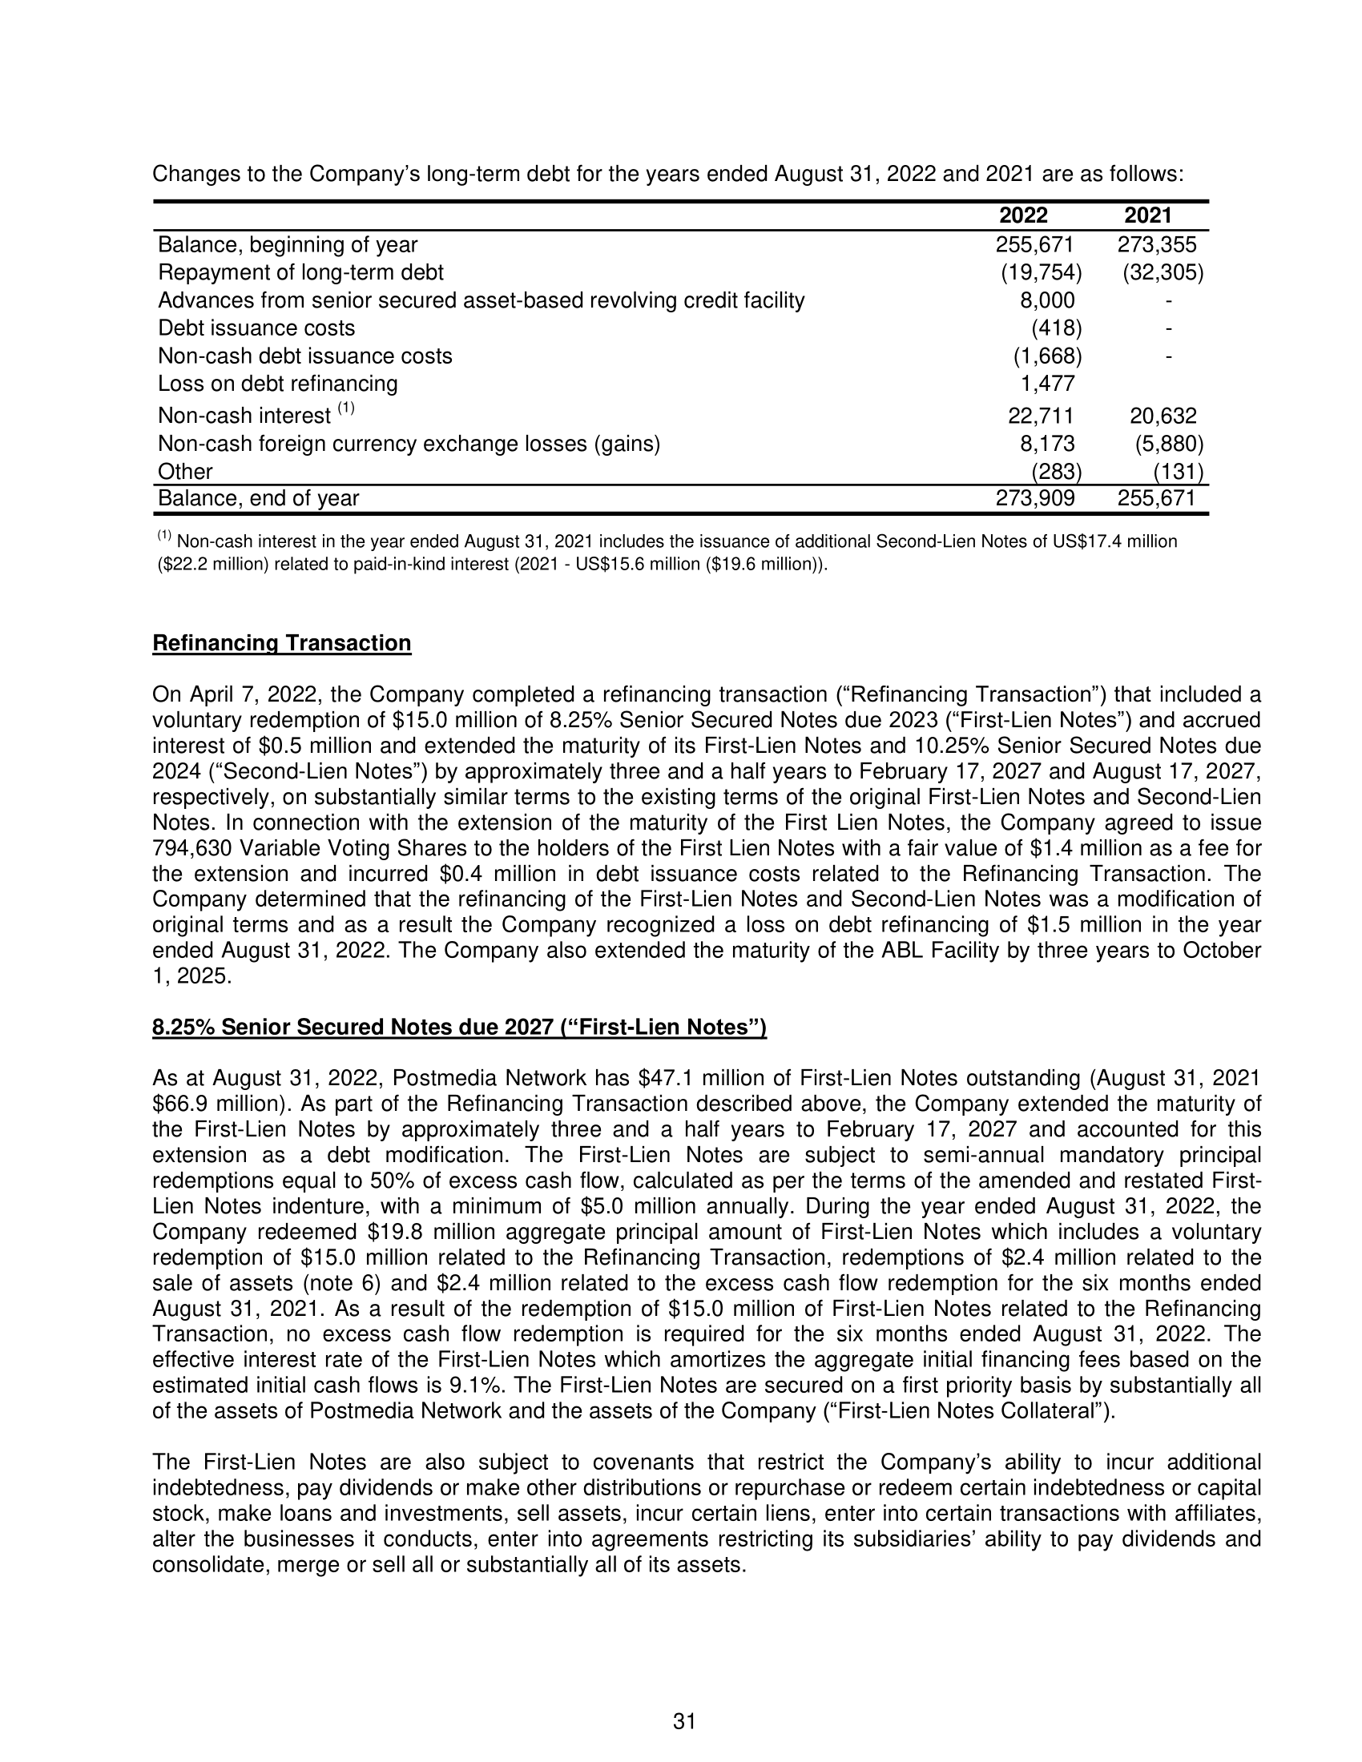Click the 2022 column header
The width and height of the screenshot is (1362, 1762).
pos(1023,215)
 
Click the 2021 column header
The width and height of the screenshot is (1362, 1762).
pos(1147,215)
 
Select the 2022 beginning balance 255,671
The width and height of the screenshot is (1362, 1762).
pos(1034,244)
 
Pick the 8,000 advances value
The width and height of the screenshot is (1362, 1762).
pos(1047,300)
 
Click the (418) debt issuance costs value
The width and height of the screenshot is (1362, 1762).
pos(1056,328)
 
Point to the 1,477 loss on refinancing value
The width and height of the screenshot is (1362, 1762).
pos(1047,384)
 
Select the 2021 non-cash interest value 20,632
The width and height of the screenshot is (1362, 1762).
pos(1163,416)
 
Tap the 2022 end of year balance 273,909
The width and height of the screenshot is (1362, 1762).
pos(1034,499)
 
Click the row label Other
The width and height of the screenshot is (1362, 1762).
pos(186,472)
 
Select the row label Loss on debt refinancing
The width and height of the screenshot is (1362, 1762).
pos(277,384)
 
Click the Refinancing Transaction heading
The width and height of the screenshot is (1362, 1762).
pos(281,643)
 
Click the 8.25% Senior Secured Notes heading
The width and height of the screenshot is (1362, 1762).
pos(459,1027)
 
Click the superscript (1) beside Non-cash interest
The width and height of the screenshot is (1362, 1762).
pos(345,408)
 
